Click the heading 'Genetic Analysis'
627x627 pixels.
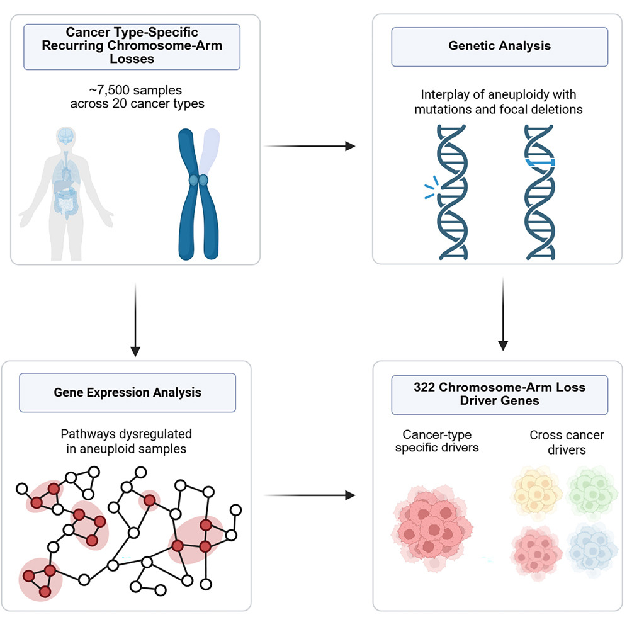click(499, 46)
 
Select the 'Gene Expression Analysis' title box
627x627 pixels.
click(127, 392)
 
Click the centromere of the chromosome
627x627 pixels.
click(199, 181)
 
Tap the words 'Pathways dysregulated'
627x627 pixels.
click(127, 434)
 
